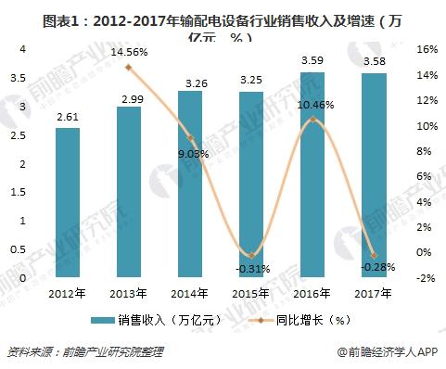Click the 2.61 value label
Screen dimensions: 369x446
point(68,116)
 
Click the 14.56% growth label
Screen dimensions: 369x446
point(129,54)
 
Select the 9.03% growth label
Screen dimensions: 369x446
point(192,154)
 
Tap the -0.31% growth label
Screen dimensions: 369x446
point(251,268)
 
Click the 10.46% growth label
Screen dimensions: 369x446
point(313,107)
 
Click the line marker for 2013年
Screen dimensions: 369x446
point(129,68)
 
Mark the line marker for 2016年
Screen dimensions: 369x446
point(313,120)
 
